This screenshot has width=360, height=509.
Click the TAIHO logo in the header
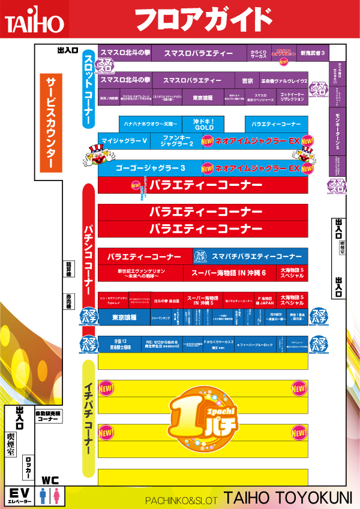[34, 22]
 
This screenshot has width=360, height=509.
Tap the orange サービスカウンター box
[50, 123]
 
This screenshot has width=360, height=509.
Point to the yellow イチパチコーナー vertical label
[88, 419]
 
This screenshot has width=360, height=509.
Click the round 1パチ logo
[203, 417]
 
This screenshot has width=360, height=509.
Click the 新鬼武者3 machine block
[313, 53]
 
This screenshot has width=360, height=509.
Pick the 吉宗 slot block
[247, 80]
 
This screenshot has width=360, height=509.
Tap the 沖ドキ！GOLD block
[203, 124]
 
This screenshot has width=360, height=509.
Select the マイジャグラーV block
[124, 141]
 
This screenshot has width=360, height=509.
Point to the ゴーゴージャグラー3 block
[150, 168]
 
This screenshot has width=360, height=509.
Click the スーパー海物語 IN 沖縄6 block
[229, 273]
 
